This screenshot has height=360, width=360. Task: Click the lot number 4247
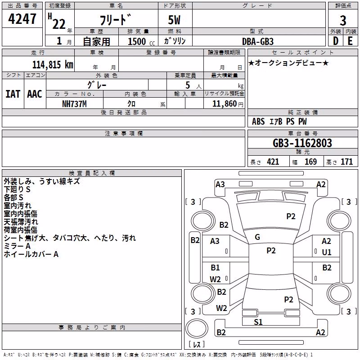[x=22, y=19]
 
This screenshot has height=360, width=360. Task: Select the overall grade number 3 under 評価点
[x=343, y=21]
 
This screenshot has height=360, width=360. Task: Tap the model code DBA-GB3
[x=258, y=41]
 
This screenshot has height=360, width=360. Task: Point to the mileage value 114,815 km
[x=53, y=65]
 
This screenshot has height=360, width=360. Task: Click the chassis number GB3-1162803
[x=302, y=143]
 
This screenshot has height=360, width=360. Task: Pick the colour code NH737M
[x=74, y=104]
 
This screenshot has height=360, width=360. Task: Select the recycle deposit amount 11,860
[x=224, y=104]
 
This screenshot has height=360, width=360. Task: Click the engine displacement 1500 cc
[x=141, y=41]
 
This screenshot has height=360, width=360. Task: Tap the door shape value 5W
[x=174, y=20]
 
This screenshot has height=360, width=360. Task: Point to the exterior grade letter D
[x=336, y=41]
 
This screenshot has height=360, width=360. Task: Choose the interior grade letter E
[x=350, y=41]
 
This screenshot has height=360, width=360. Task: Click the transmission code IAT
[x=13, y=94]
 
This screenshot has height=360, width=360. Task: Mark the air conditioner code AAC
[x=35, y=94]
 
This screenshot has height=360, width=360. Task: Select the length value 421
[x=273, y=162]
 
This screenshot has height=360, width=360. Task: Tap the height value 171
[x=346, y=162]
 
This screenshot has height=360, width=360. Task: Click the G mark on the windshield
[x=257, y=237]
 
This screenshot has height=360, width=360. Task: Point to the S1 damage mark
[x=258, y=322]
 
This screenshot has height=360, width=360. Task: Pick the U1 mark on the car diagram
[x=327, y=252]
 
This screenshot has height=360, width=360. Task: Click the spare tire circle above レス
[x=197, y=328]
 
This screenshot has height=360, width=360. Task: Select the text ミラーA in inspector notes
[x=17, y=246]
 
